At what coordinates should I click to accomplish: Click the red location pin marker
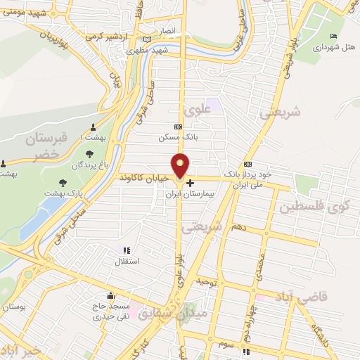(x=181, y=166)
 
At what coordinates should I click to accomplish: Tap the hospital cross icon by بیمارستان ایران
(x=190, y=184)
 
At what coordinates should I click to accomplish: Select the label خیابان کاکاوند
(x=146, y=179)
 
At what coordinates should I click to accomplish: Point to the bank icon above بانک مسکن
(x=178, y=127)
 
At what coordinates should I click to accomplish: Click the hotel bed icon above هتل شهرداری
(x=333, y=37)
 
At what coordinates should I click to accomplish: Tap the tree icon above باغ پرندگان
(x=89, y=155)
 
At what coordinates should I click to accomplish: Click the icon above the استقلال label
(x=127, y=250)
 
